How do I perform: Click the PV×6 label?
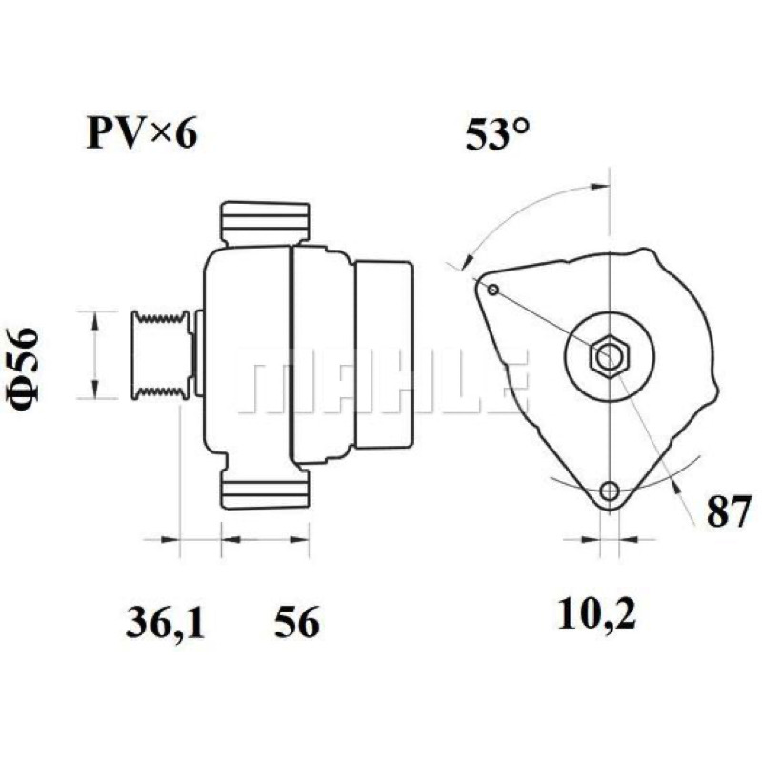[142, 133]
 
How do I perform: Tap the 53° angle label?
[496, 134]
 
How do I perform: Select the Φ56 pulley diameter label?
[22, 370]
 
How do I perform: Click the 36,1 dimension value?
[165, 622]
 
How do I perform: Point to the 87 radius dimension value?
[729, 511]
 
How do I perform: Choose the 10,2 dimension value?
[596, 613]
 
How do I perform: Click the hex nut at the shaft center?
[610, 357]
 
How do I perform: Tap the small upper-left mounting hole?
[492, 291]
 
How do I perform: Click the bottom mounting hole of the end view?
[610, 491]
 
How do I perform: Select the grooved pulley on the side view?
[160, 355]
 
